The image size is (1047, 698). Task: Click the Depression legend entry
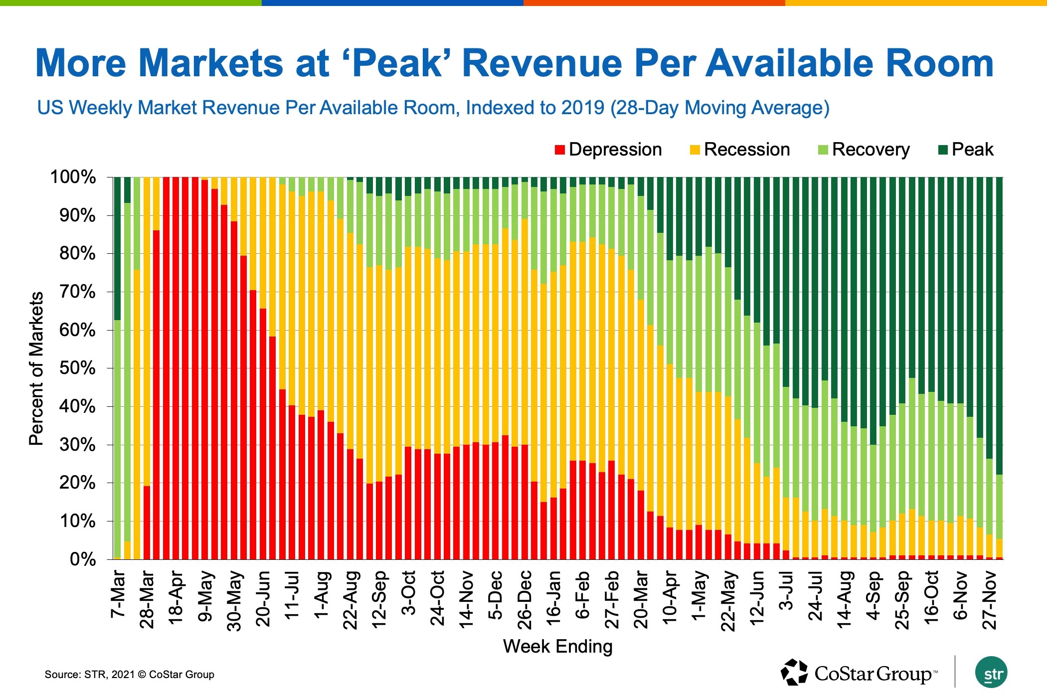pos(609,150)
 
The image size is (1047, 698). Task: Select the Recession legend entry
pos(740,150)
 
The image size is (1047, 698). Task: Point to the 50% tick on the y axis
pos(77,368)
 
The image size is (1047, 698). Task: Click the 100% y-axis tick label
pos(73,177)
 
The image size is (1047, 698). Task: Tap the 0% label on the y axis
pos(82,559)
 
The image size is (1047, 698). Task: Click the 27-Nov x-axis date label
pos(990,600)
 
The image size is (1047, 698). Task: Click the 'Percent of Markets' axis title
pos(36,368)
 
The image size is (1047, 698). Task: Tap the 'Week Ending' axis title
pos(557,647)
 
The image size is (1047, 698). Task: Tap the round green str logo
pos(991,673)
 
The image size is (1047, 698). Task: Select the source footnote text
pos(130,675)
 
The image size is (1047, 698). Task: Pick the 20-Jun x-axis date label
pos(263,598)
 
